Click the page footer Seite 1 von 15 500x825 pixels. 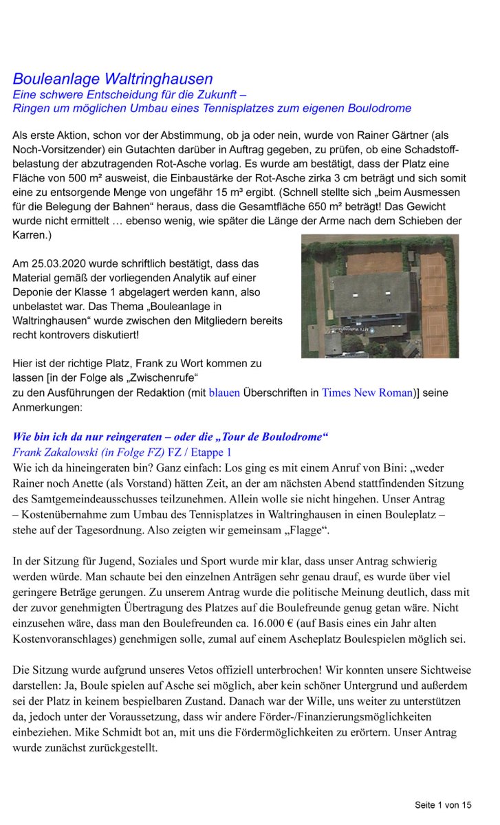[443, 804]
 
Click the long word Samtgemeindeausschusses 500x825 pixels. [83, 498]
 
